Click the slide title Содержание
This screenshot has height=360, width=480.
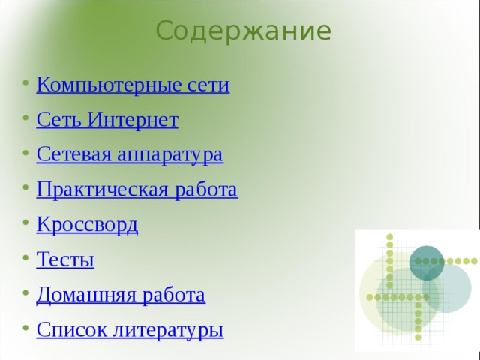coord(244,31)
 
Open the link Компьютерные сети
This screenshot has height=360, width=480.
coord(133,84)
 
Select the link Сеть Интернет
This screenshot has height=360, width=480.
coord(107,119)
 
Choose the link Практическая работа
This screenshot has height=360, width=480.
coord(137,190)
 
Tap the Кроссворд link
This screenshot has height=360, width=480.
coord(87,224)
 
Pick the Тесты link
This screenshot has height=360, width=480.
coord(65,259)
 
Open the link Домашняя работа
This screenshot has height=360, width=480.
coord(121,294)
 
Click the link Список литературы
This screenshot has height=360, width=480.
coord(130,329)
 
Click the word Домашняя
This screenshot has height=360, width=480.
coord(76,294)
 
